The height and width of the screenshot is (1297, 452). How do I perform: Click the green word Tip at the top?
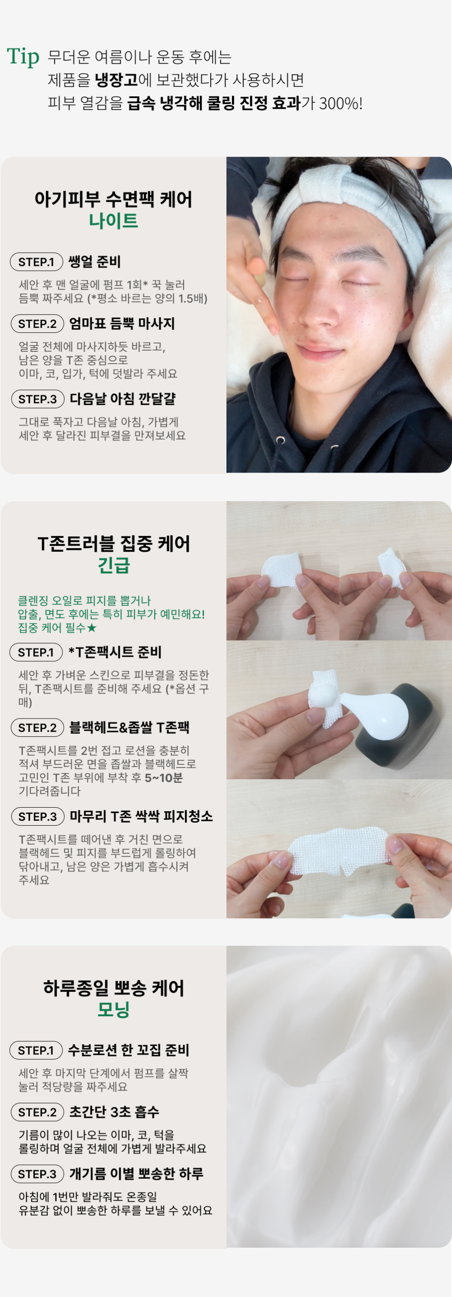(x=23, y=57)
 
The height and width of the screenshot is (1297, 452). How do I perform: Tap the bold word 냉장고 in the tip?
(x=116, y=80)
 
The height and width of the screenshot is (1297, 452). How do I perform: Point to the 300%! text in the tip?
(x=341, y=103)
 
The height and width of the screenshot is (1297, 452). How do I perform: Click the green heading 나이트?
(x=113, y=221)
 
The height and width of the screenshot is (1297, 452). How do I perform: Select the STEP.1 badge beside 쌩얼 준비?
(x=36, y=262)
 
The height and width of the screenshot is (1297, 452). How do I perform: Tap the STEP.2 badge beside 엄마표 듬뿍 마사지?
(x=37, y=324)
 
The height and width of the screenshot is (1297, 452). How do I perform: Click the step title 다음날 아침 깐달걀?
(x=123, y=399)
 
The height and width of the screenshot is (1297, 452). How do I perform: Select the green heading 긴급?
(x=113, y=565)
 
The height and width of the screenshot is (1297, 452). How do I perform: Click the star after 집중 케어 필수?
(x=91, y=628)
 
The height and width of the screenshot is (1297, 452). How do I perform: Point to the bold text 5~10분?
(x=164, y=778)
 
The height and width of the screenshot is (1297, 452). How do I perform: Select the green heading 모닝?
(x=113, y=1009)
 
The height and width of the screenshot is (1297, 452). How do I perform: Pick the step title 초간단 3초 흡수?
(x=114, y=1112)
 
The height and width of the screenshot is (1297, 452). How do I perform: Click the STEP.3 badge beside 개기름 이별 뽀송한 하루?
(x=37, y=1174)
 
